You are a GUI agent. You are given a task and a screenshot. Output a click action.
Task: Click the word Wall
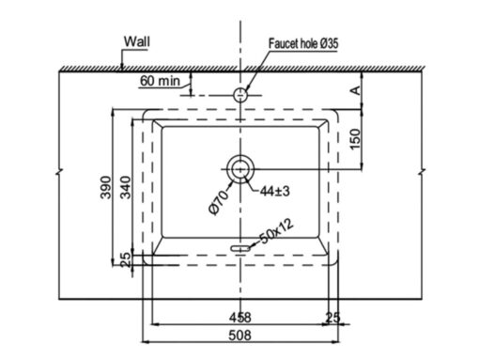(137, 41)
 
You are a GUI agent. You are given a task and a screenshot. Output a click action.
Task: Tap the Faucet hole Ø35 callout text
(303, 43)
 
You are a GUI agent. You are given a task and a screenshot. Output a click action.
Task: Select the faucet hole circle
(240, 95)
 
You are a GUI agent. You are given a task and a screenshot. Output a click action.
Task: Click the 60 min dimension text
(160, 81)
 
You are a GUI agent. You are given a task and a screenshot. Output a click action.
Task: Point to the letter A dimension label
(355, 91)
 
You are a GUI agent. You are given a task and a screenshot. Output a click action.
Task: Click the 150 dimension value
(355, 139)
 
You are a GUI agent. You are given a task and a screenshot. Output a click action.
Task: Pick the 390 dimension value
(106, 187)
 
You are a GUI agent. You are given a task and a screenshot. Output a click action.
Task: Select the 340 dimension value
(126, 187)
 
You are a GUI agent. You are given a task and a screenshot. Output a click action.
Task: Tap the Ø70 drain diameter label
(219, 203)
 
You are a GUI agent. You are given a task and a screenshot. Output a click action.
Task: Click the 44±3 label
(274, 191)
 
